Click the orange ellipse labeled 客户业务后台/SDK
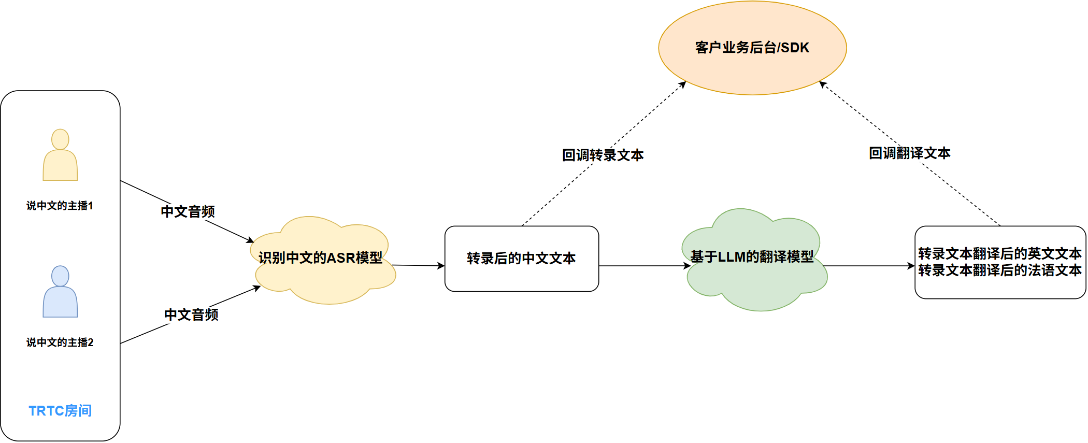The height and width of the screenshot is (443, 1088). pyautogui.click(x=752, y=67)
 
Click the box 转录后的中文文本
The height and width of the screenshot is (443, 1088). pyautogui.click(x=521, y=258)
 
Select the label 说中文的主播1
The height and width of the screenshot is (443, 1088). pyautogui.click(x=60, y=206)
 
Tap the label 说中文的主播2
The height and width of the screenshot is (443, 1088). pyautogui.click(x=60, y=342)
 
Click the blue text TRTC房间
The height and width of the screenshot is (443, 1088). pyautogui.click(x=60, y=411)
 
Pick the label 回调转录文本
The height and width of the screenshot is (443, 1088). pyautogui.click(x=603, y=155)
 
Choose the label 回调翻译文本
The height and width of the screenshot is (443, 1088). pyautogui.click(x=909, y=153)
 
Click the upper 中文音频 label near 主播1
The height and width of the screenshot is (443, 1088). pyautogui.click(x=188, y=211)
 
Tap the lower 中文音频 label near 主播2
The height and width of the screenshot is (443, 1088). pyautogui.click(x=191, y=315)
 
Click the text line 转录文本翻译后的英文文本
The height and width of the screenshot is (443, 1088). pyautogui.click(x=999, y=253)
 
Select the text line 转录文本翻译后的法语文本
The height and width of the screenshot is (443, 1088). pyautogui.click(x=999, y=270)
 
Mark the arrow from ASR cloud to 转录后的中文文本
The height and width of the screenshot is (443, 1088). pyautogui.click(x=418, y=265)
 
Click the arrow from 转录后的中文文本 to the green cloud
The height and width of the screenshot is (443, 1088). pyautogui.click(x=642, y=266)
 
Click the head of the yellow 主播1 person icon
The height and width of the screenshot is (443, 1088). pyautogui.click(x=60, y=139)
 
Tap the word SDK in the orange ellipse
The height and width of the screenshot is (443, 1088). pyautogui.click(x=795, y=48)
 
